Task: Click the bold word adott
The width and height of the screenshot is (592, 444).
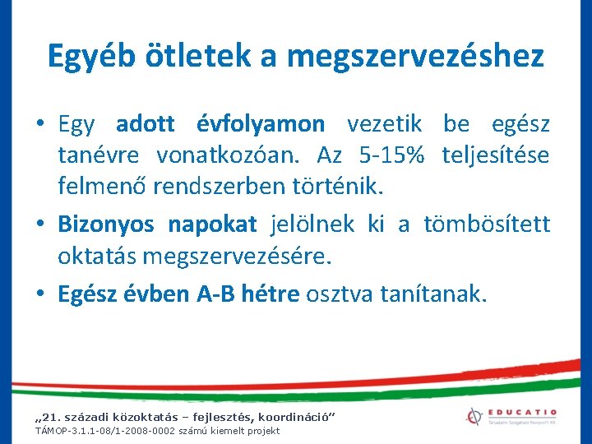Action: pos(146,124)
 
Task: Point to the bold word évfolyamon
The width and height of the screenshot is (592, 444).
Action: pos(261,124)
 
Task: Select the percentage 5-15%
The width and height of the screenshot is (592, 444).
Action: pos(390,155)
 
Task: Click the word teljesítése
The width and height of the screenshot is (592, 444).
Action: pos(496,155)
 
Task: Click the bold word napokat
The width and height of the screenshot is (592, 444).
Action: pos(212,224)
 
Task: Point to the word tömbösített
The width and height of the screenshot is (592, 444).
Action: pos(488,224)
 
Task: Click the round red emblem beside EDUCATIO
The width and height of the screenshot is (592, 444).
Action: pos(474,418)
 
